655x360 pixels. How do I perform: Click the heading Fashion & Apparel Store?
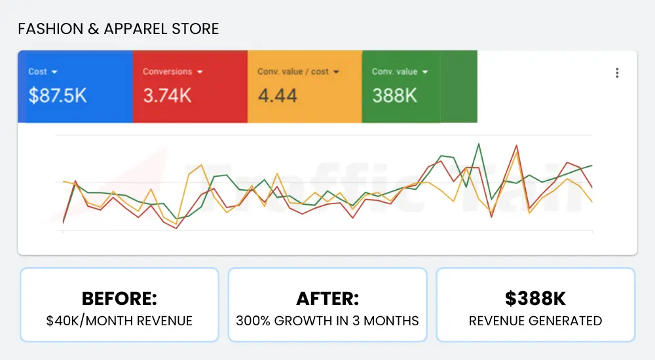point(118,29)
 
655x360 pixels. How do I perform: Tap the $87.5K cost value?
point(58,96)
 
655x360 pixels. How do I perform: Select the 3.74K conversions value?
point(167,96)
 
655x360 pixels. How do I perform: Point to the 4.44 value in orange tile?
point(277,96)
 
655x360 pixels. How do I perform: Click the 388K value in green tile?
point(394,96)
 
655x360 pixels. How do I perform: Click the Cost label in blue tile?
point(37,71)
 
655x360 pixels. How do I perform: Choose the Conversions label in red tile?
point(167,71)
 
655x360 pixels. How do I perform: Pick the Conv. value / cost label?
point(293,71)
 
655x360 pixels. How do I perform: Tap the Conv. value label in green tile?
point(394,71)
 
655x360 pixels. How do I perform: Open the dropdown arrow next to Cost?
point(55,72)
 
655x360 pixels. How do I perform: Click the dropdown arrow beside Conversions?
point(200,72)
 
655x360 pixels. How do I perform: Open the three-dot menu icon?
point(617,73)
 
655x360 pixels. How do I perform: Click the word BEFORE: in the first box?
point(119,298)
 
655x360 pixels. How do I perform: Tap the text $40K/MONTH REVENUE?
point(119,321)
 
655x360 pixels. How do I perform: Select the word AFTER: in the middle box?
point(327,298)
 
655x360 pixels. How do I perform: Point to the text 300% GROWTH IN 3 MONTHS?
point(327,321)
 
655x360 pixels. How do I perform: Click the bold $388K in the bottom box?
point(535,298)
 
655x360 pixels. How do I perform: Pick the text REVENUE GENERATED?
point(535,321)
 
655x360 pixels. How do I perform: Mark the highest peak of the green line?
point(480,143)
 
